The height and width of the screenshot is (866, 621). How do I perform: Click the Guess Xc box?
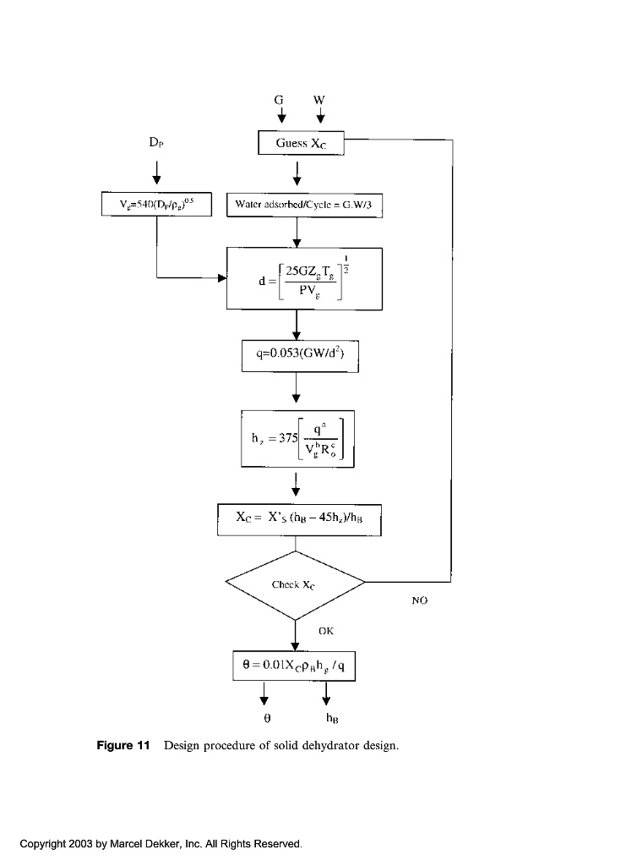point(302,143)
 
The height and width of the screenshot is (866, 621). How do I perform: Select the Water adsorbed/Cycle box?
point(305,205)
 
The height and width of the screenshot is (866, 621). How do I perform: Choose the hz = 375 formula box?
point(297,439)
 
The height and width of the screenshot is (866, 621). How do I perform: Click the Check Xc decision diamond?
point(294,584)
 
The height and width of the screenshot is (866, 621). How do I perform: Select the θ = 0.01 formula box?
point(294,666)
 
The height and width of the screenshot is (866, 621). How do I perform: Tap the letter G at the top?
point(280,99)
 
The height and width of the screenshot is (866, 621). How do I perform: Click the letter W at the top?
point(319,99)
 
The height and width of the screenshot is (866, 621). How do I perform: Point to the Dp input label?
point(156,144)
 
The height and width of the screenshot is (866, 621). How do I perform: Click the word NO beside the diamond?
point(420,600)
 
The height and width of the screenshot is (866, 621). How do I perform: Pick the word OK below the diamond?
point(327,630)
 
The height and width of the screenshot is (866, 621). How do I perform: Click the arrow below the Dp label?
point(156,175)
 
